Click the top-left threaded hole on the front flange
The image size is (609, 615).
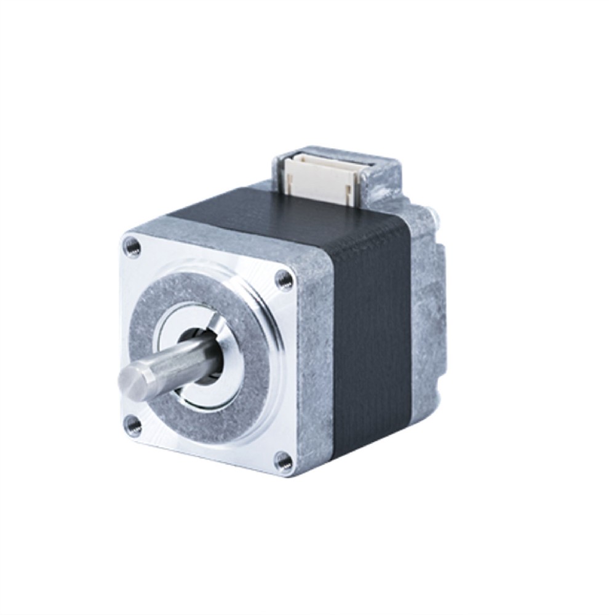click(x=132, y=247)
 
